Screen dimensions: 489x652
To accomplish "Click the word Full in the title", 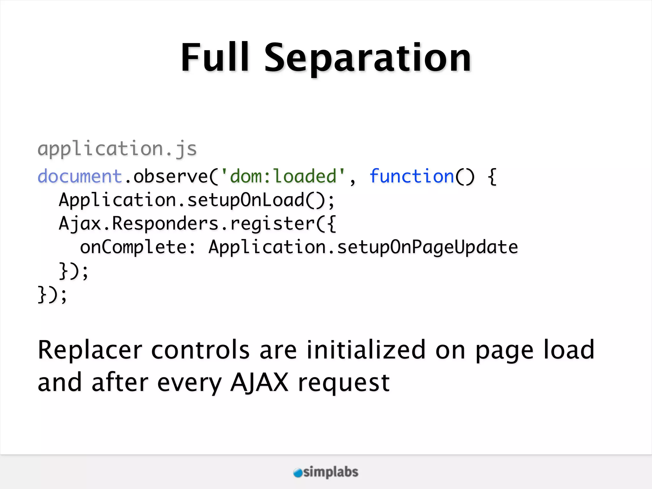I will point(214,58).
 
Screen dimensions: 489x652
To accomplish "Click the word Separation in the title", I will point(367,59).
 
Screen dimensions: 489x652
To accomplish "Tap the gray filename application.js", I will point(117,149).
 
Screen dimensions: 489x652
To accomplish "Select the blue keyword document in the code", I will point(80,176).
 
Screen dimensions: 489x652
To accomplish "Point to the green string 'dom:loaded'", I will point(283,176).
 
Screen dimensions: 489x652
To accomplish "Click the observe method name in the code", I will point(170,176).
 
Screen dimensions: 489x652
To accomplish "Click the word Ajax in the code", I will point(80,223).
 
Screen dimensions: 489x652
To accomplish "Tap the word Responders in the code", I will point(165,223).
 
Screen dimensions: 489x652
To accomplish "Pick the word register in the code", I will point(273,223).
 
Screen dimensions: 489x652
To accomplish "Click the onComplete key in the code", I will point(133,247).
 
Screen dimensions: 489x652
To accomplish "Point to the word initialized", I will point(366,350).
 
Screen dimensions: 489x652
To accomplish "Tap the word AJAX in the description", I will point(259,382).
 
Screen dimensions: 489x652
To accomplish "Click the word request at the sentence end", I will point(344,383).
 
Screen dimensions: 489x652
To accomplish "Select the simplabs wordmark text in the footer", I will point(331,472).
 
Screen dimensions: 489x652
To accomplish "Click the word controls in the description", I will point(200,350).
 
